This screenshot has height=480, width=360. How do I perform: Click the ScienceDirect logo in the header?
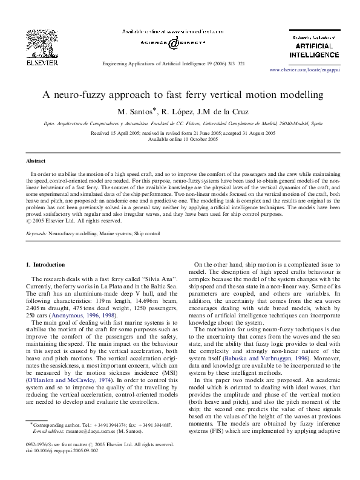click(x=173, y=43)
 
